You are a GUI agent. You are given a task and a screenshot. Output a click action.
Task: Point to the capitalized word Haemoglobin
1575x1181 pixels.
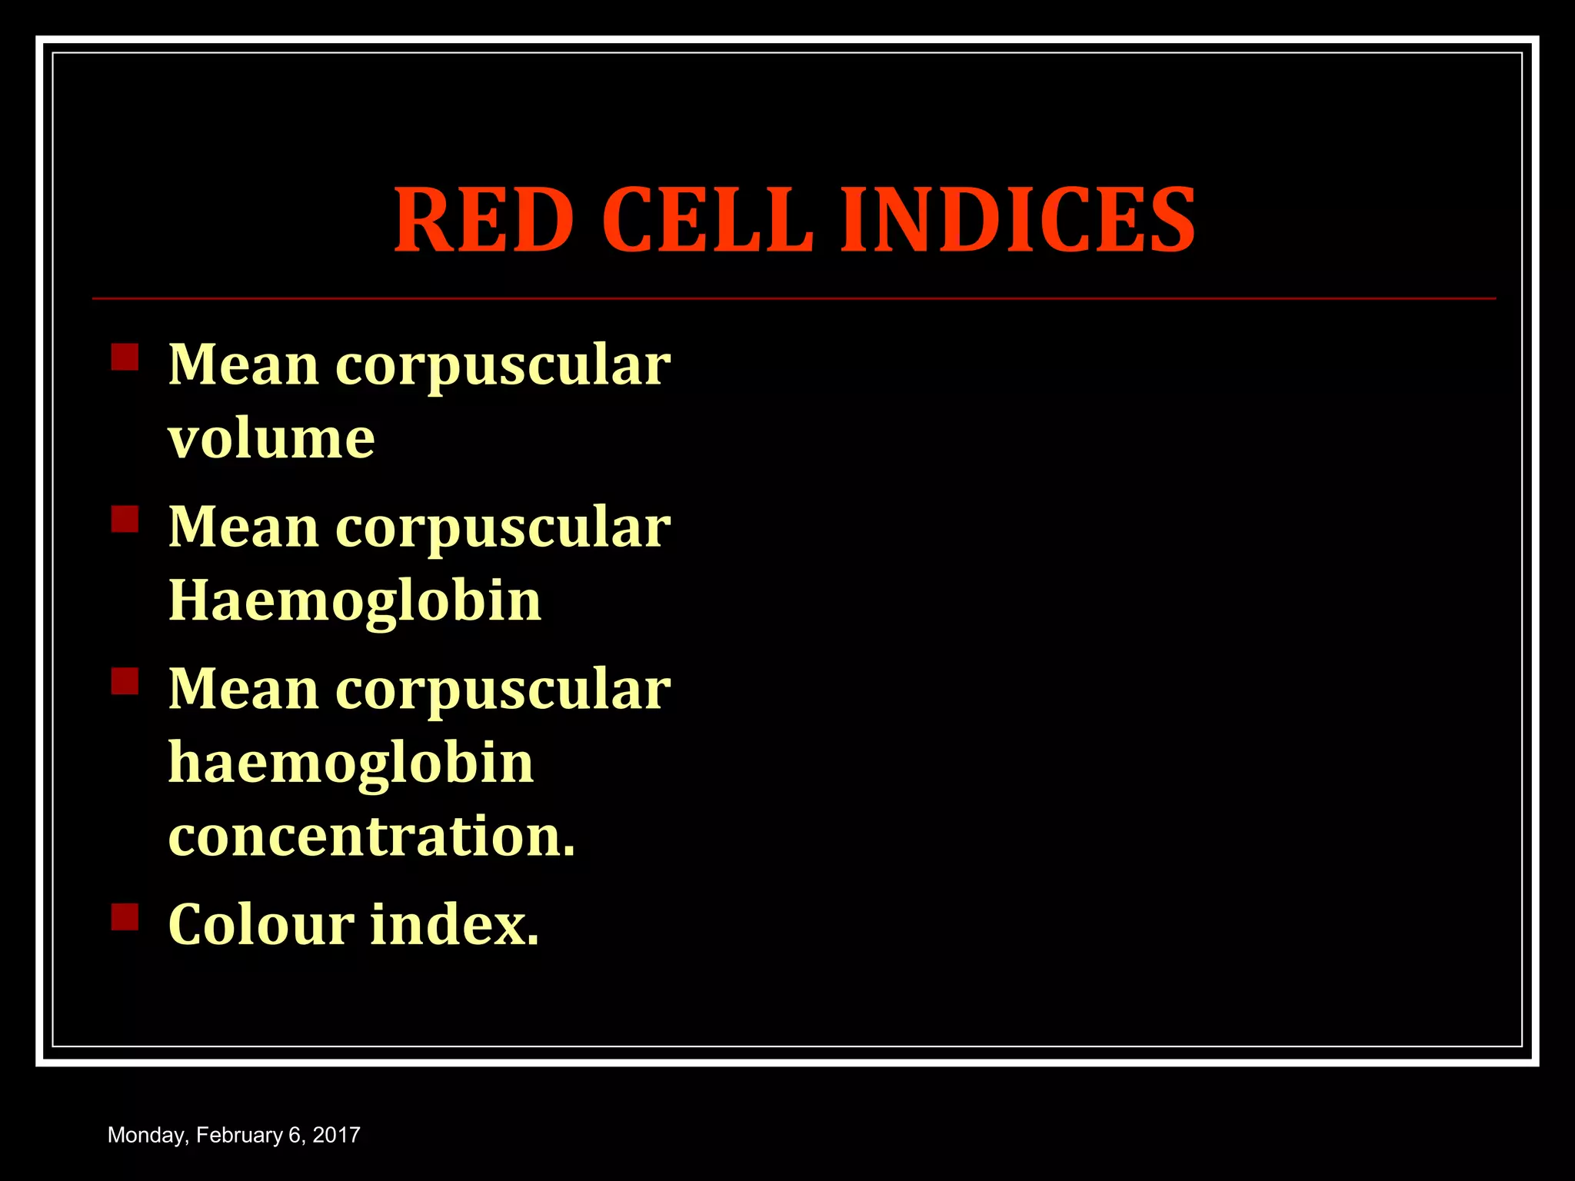coord(355,600)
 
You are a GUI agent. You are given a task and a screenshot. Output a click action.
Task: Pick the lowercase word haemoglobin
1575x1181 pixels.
coord(351,763)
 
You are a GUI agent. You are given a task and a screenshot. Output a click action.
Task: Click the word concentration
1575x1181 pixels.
coord(371,837)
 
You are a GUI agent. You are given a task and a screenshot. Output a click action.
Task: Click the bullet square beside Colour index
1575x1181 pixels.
coord(125,917)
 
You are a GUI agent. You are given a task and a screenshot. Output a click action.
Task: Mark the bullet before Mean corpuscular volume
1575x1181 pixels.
coord(125,357)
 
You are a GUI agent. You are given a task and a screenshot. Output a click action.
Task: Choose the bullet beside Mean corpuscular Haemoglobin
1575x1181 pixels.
coord(125,519)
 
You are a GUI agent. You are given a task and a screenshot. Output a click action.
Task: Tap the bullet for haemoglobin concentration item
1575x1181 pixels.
coord(125,681)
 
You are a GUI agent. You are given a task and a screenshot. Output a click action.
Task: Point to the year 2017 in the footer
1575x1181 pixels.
coord(336,1136)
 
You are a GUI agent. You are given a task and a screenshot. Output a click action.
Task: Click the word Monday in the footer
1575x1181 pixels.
coord(147,1136)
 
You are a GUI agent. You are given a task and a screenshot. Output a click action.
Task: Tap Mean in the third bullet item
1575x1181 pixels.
coord(243,689)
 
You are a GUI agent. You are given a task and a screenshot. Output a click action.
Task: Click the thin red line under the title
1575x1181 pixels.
coord(794,298)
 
